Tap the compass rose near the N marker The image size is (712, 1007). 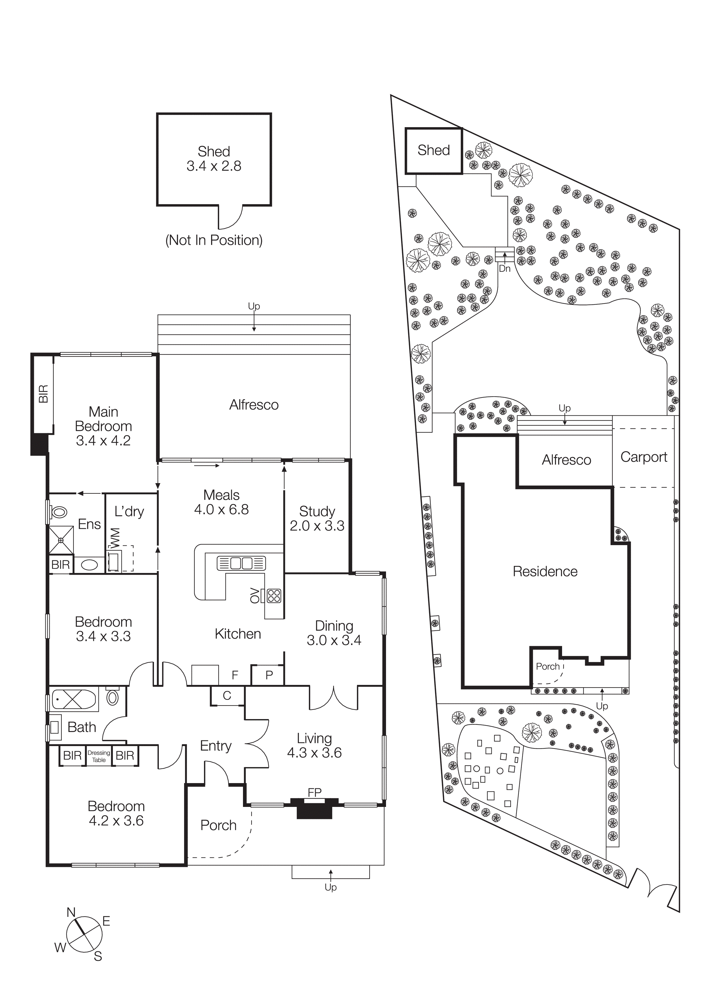[x=84, y=934]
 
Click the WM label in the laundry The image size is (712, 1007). [x=115, y=538]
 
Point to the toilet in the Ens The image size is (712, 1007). [x=59, y=512]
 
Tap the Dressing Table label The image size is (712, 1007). [x=99, y=756]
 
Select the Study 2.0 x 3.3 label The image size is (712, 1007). [x=317, y=518]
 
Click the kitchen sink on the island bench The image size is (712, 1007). [x=241, y=563]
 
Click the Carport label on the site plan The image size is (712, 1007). [x=643, y=457]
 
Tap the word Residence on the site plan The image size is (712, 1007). [x=545, y=572]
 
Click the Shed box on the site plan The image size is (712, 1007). [x=433, y=150]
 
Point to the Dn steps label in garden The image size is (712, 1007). [x=505, y=268]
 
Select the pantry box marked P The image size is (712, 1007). [x=269, y=675]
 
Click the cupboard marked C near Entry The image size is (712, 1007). [x=227, y=696]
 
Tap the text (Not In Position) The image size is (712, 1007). [x=214, y=240]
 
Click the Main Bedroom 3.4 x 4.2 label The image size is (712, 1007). [x=103, y=426]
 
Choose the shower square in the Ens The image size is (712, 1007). [x=61, y=540]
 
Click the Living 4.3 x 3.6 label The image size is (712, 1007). [x=314, y=745]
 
